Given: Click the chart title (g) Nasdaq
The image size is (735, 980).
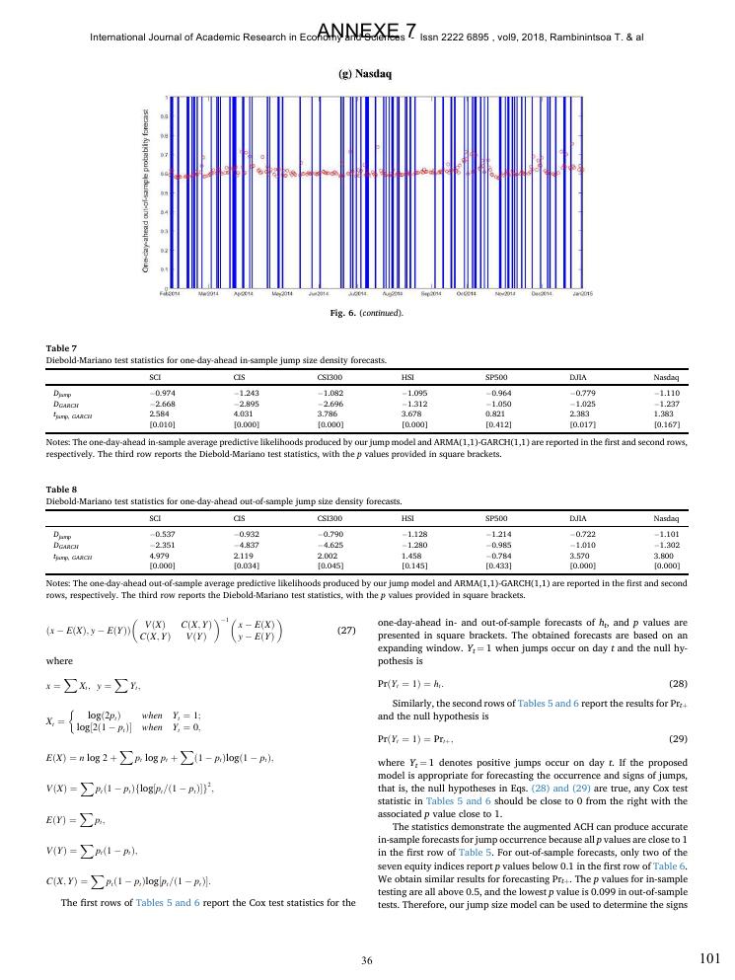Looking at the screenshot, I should pyautogui.click(x=366, y=74).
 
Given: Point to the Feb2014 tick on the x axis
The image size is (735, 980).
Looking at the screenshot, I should pyautogui.click(x=169, y=294).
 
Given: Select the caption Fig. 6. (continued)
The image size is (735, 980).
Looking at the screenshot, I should pyautogui.click(x=366, y=313).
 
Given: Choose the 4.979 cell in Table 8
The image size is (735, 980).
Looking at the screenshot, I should pyautogui.click(x=160, y=554).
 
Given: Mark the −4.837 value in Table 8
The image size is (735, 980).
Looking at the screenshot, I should pyautogui.click(x=246, y=544).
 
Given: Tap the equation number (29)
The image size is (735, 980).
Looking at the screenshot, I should pyautogui.click(x=678, y=738).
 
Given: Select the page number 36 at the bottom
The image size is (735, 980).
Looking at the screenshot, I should pyautogui.click(x=366, y=960).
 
